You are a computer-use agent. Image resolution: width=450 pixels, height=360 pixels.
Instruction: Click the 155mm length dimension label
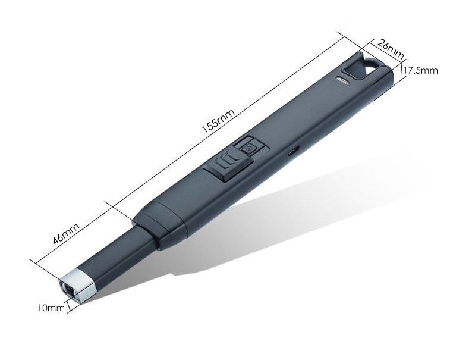218,121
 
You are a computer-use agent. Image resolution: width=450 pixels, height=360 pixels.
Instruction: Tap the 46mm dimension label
67,233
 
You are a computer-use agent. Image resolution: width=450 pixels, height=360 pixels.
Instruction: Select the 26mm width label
391,49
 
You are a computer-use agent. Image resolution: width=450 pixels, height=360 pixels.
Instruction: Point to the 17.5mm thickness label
421,70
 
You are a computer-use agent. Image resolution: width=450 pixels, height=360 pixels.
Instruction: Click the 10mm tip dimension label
51,308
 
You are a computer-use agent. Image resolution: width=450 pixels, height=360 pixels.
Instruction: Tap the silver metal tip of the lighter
76,284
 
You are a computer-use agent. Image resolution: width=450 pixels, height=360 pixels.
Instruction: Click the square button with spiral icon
248,148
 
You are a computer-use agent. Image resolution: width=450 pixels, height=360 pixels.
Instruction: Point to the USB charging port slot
292,151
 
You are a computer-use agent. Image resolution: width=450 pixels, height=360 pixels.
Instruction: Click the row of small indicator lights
342,80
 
